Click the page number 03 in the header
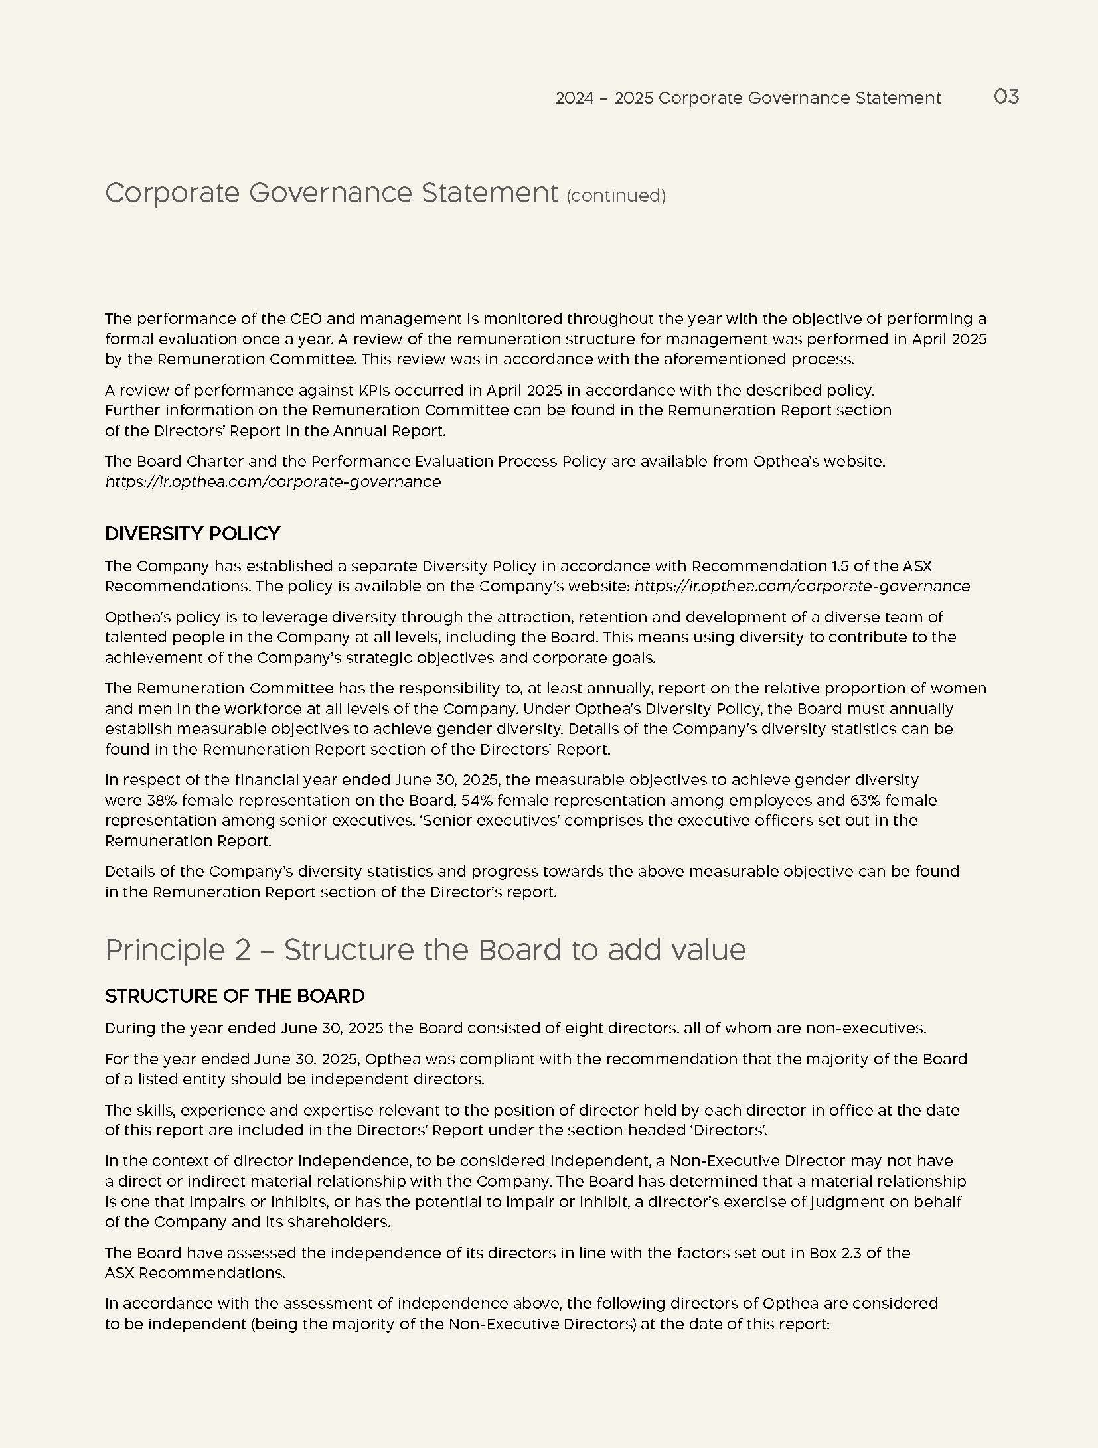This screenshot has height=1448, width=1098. [x=1006, y=97]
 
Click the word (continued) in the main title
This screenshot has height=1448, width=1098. [x=615, y=196]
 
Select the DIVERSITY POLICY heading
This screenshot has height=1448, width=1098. [x=193, y=534]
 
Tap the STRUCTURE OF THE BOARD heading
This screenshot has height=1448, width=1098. [x=234, y=996]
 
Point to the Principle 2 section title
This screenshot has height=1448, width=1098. [x=425, y=950]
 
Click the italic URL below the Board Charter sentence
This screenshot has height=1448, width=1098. [x=273, y=482]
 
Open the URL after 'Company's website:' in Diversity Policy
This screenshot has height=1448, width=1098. [x=802, y=586]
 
